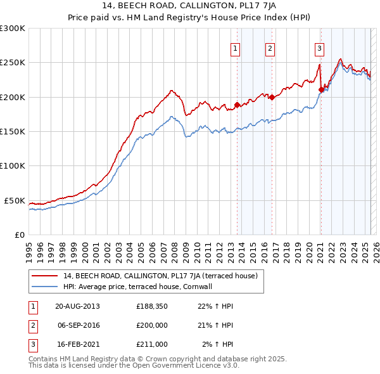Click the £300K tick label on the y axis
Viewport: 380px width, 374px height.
pos(13,29)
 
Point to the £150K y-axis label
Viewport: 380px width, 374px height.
pos(13,131)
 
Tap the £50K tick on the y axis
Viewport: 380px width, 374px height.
pos(15,200)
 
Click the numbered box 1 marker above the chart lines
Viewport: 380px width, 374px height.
pos(236,48)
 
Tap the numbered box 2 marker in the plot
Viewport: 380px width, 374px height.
pos(270,48)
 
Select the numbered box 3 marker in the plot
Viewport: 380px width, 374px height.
pos(319,48)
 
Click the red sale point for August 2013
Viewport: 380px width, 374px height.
pos(237,105)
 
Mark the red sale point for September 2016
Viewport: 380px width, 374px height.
pos(272,97)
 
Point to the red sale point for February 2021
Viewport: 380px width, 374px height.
pos(321,89)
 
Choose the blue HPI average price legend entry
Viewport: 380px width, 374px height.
pos(139,287)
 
